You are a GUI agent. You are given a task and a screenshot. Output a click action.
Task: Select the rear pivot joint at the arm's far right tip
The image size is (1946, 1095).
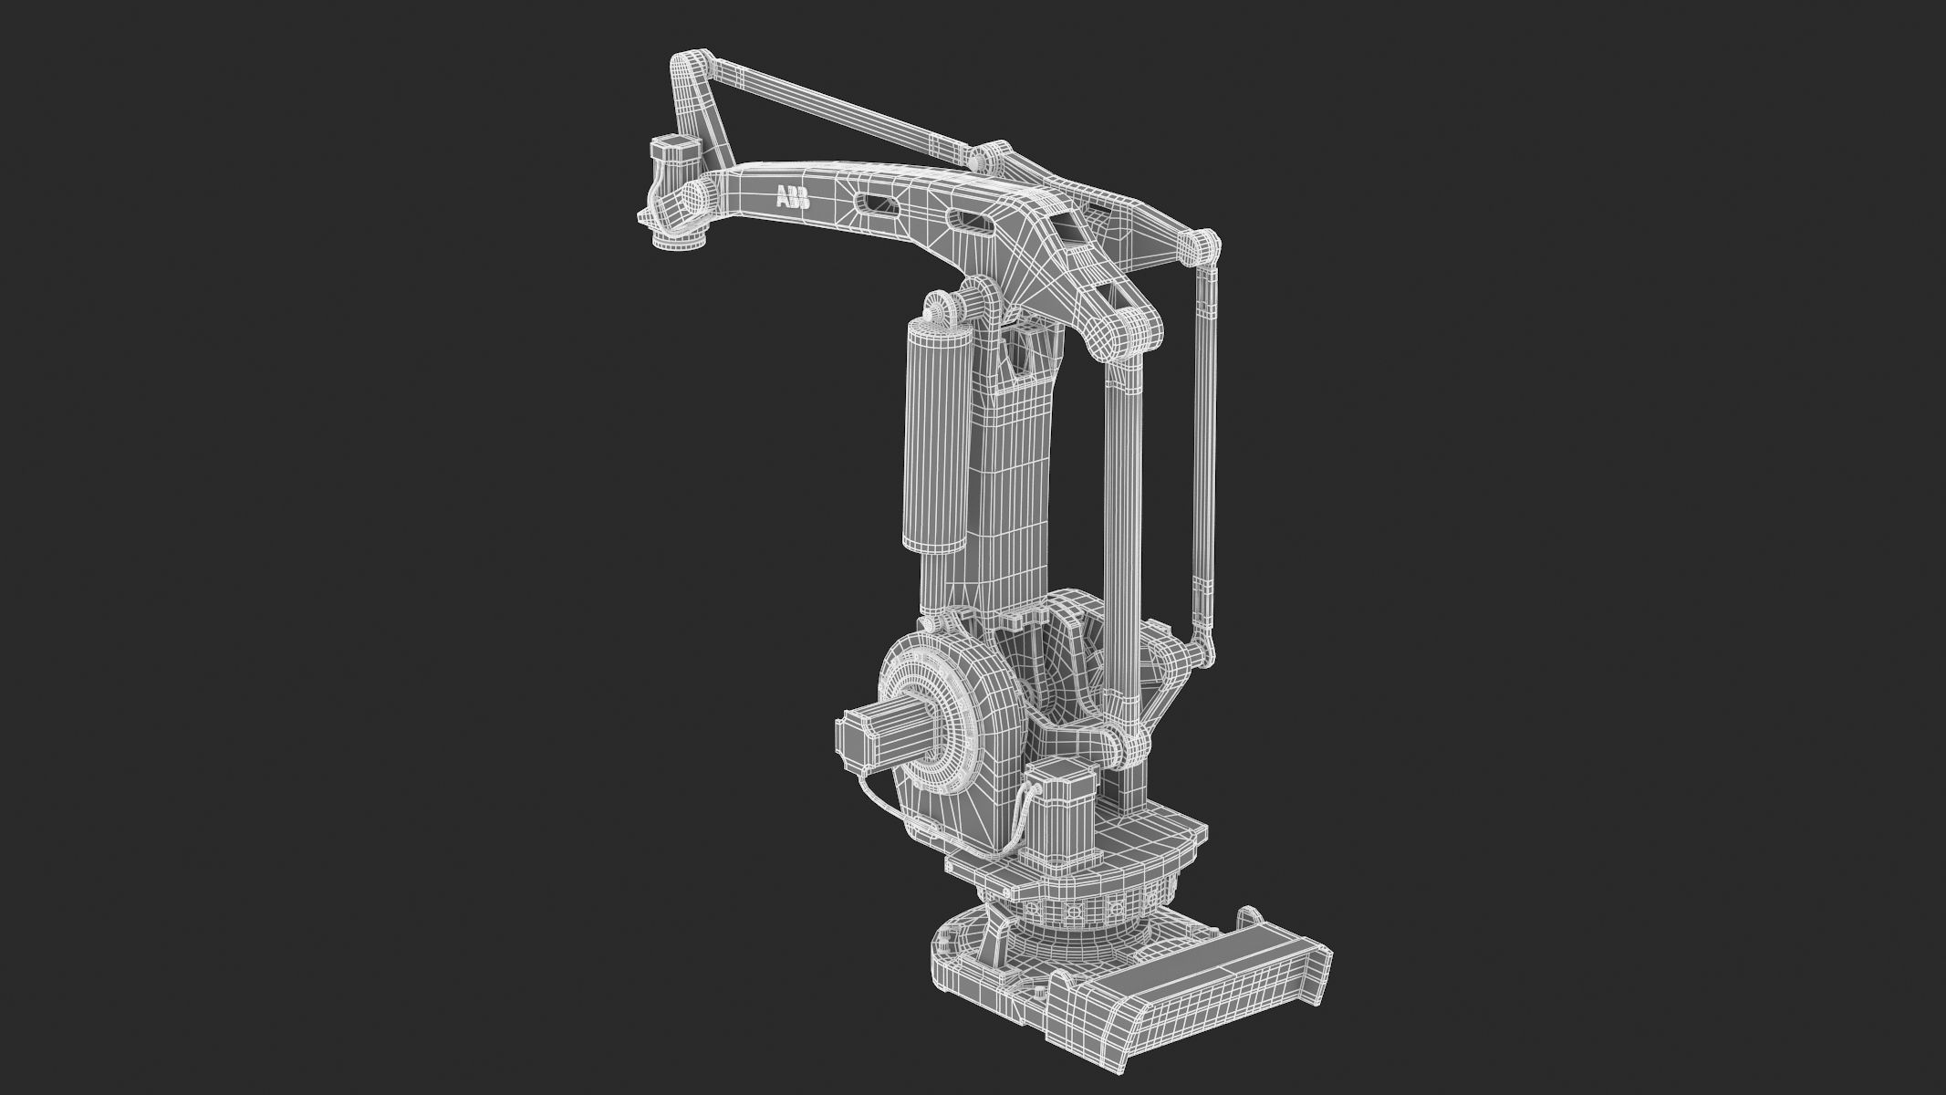[x=1201, y=247]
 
